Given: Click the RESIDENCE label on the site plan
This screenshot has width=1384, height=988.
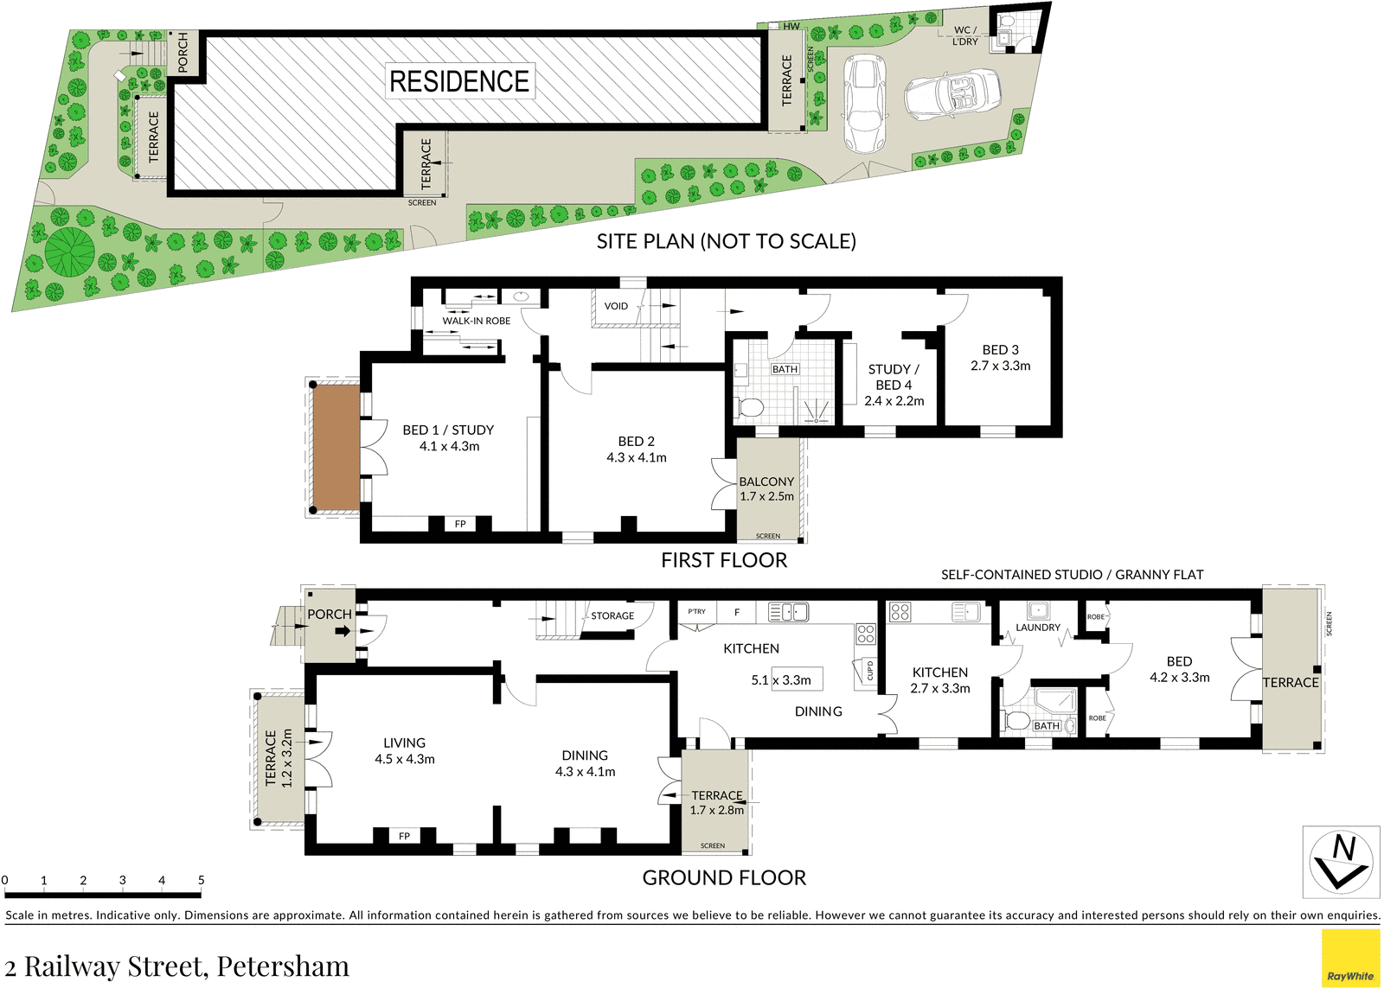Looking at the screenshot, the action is pyautogui.click(x=459, y=81).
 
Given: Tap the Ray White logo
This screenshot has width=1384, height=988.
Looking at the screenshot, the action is pyautogui.click(x=1350, y=959).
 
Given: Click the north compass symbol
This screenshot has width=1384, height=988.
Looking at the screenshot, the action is pyautogui.click(x=1341, y=862).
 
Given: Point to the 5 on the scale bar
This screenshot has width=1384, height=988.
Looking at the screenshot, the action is pyautogui.click(x=201, y=879).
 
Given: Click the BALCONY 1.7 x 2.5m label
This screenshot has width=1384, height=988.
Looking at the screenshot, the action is pyautogui.click(x=766, y=488).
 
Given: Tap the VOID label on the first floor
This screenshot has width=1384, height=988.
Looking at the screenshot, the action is pyautogui.click(x=616, y=306).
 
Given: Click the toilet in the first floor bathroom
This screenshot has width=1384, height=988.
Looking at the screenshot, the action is pyautogui.click(x=749, y=408).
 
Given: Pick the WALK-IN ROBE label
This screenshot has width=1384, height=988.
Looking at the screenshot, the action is pyautogui.click(x=477, y=321).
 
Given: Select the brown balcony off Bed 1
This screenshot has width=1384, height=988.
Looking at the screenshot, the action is pyautogui.click(x=336, y=446).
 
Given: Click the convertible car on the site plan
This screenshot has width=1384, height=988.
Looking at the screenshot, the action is pyautogui.click(x=952, y=92).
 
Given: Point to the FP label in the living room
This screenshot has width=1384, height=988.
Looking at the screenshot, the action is pyautogui.click(x=404, y=836).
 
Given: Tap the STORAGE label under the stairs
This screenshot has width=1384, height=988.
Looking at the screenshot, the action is pyautogui.click(x=612, y=615).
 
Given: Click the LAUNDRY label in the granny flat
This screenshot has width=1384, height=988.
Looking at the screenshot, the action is pyautogui.click(x=1038, y=628).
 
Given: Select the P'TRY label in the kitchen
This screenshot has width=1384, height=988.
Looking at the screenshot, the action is pyautogui.click(x=696, y=611).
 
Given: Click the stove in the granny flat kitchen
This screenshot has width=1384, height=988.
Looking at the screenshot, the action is pyautogui.click(x=900, y=612).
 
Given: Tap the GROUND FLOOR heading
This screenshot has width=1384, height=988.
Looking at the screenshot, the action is pyautogui.click(x=724, y=877).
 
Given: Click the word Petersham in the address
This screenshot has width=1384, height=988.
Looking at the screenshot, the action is pyautogui.click(x=283, y=966).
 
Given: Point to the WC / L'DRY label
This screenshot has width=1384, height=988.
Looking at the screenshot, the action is pyautogui.click(x=965, y=35).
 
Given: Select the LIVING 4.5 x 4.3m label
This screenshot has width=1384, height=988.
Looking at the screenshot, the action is pyautogui.click(x=405, y=751).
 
